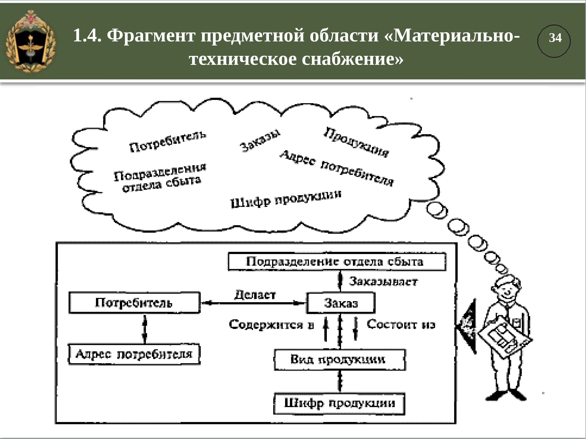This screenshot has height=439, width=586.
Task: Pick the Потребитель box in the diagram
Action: pos(134,303)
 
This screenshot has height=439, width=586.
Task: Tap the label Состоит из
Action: pos(401,324)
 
